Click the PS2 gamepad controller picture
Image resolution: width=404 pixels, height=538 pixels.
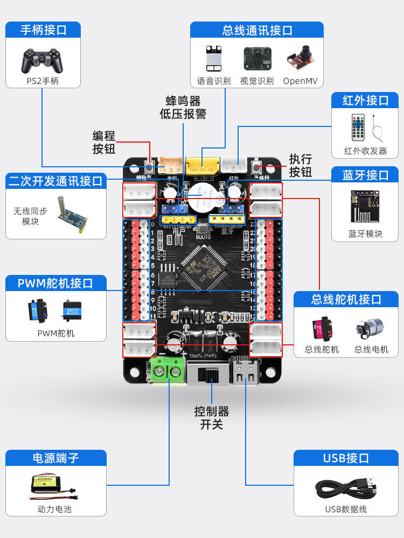coord(42,60)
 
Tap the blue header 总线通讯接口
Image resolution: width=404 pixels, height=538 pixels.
coord(257,30)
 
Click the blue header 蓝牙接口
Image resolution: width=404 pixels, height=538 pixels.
coord(365,175)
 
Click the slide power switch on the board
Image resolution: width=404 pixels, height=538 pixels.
coord(207,372)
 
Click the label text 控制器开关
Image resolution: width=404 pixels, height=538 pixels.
coord(211,418)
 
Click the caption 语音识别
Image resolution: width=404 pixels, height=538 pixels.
coord(214,81)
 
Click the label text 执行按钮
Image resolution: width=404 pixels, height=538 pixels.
coord(300,165)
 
